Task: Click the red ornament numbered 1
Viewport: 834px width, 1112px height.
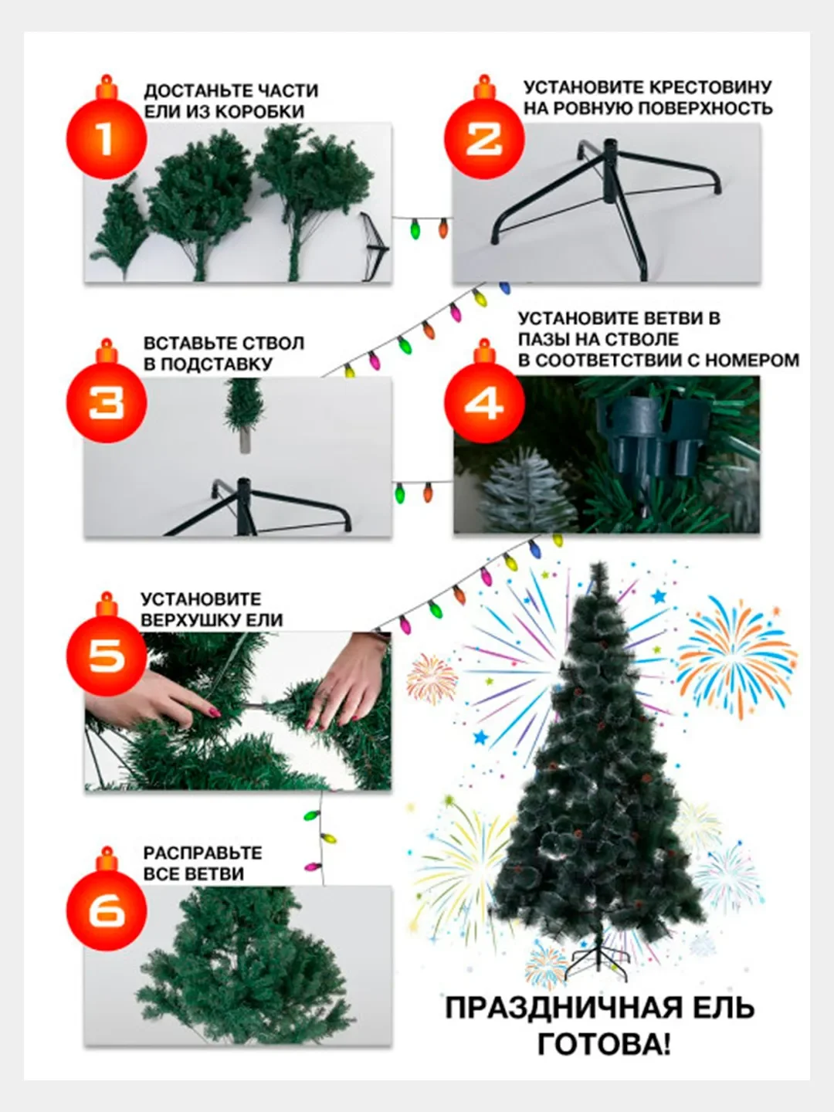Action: [x=107, y=136]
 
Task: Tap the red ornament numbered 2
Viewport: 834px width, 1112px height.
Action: [x=484, y=136]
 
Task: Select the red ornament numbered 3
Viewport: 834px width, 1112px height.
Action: [x=107, y=400]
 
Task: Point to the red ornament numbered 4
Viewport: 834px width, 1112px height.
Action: [x=484, y=400]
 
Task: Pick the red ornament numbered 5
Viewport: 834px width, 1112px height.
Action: [x=107, y=653]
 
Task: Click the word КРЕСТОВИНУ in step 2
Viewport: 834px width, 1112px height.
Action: [x=710, y=87]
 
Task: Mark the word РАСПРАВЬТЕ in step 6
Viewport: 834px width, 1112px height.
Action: [x=202, y=853]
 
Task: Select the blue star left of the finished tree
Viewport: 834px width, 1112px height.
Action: [x=480, y=737]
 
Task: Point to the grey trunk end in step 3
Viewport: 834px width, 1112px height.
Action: [x=245, y=440]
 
